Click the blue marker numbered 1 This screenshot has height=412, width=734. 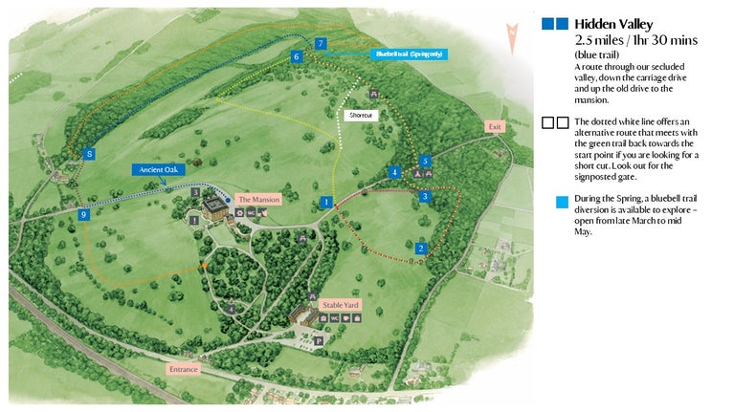click(x=326, y=203)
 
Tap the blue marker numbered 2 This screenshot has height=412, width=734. click(x=420, y=249)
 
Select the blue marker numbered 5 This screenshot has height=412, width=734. click(x=425, y=161)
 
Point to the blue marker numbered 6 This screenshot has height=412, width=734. click(x=296, y=57)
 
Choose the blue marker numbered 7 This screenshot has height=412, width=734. click(x=321, y=44)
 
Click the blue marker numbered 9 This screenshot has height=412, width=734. click(x=84, y=215)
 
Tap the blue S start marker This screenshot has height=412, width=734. click(x=89, y=153)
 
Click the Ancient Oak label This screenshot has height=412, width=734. click(x=157, y=169)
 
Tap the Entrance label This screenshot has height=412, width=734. click(x=183, y=368)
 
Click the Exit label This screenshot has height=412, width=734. click(x=494, y=126)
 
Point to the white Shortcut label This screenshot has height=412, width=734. click(x=360, y=115)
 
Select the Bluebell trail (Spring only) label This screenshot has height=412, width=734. click(x=409, y=54)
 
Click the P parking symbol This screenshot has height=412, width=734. click(x=319, y=339)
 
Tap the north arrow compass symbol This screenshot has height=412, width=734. click(x=515, y=33)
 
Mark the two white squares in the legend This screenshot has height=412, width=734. click(x=555, y=122)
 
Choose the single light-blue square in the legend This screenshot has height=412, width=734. click(x=562, y=202)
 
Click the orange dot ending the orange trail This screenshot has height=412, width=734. click(x=203, y=265)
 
